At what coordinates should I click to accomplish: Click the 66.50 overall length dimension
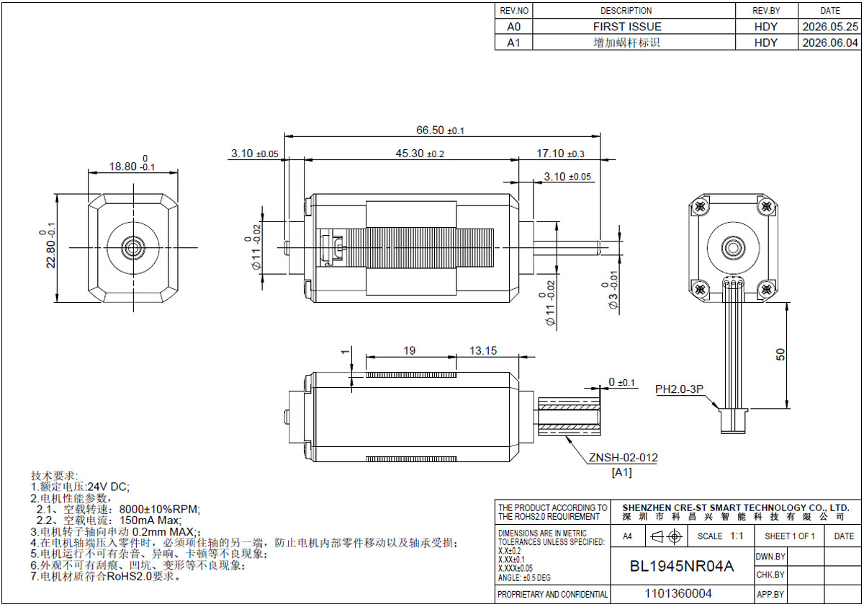[x=440, y=130]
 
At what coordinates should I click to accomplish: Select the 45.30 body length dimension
[x=420, y=154]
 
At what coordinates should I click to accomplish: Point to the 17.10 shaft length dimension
[x=560, y=154]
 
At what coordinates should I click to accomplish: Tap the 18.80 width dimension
[x=132, y=164]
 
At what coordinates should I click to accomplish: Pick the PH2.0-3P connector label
[x=679, y=389]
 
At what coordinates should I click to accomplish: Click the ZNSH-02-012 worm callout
[x=623, y=458]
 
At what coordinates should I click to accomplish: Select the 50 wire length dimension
[x=780, y=355]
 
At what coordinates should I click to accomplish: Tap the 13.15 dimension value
[x=483, y=350]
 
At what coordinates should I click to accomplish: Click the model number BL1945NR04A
[x=682, y=566]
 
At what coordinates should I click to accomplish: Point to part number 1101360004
[x=678, y=593]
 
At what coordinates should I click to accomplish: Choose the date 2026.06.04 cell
[x=830, y=43]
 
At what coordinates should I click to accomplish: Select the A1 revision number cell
[x=514, y=43]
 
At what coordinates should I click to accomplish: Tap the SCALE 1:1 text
[x=720, y=536]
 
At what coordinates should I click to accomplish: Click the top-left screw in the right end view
[x=700, y=207]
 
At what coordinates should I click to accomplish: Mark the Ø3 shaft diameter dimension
[x=613, y=290]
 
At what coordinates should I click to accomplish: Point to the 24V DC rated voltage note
[x=109, y=487]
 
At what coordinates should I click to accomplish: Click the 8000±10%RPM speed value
[x=160, y=509]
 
